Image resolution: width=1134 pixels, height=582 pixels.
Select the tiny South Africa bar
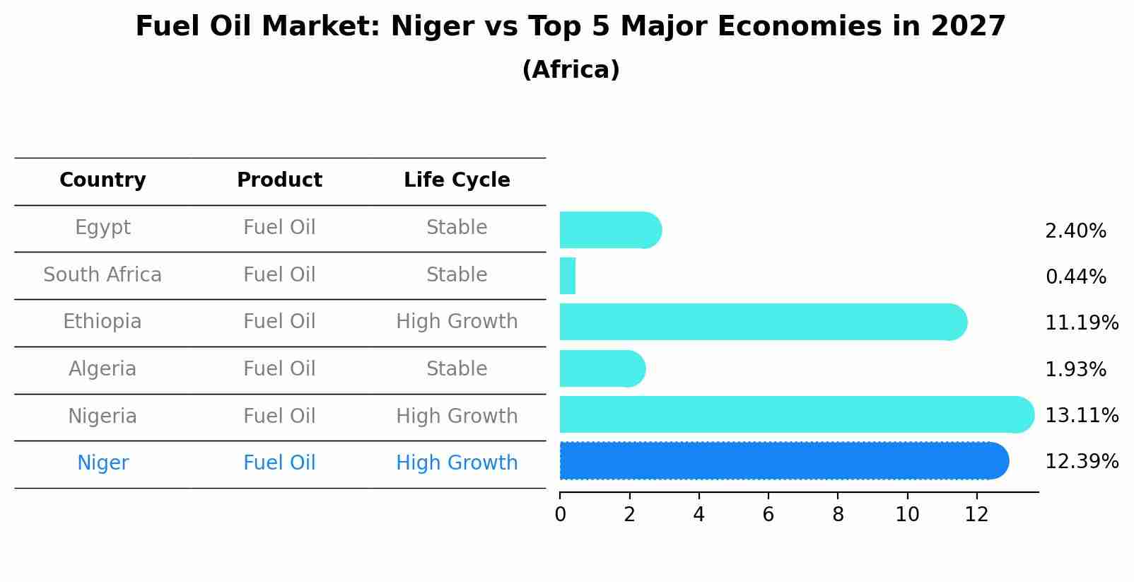pos(568,276)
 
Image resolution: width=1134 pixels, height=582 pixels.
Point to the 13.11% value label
pos(1081,416)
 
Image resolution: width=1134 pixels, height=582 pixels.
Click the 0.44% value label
pos(1075,277)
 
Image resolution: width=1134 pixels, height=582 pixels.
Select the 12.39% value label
pos(1081,462)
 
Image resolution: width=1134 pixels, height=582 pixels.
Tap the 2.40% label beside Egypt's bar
pos(1075,231)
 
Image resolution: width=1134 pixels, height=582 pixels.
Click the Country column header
pos(103,180)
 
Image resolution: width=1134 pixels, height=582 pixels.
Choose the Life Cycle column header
pos(457,180)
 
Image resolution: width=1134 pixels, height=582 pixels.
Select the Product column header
pos(279,180)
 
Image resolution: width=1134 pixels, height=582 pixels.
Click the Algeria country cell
pos(103,369)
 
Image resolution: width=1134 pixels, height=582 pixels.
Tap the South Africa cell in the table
pos(103,275)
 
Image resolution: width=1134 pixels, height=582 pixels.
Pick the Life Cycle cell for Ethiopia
pos(457,322)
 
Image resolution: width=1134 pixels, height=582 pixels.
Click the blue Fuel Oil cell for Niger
pos(279,463)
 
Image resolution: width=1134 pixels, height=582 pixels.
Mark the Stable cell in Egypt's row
pos(457,228)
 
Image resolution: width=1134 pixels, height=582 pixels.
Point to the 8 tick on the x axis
pos(838,515)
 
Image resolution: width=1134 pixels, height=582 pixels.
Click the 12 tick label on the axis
pos(976,515)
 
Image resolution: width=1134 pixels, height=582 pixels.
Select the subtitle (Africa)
pos(571,70)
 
